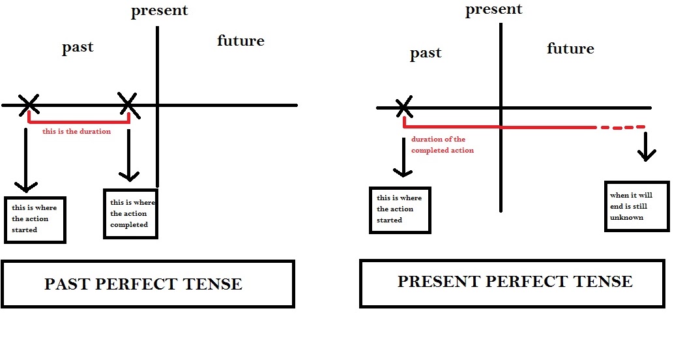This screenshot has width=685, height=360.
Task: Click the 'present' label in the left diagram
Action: (x=159, y=11)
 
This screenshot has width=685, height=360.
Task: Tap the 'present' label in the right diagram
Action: (x=494, y=9)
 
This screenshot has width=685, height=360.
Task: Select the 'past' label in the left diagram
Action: (x=78, y=48)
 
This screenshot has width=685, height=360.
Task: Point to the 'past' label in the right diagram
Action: (x=426, y=53)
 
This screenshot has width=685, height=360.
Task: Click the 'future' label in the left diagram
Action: (x=240, y=41)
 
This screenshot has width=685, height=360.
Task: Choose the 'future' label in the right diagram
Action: (x=570, y=49)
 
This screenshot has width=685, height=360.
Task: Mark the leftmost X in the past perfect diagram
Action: (x=28, y=103)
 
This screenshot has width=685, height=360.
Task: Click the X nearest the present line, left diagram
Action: (x=128, y=102)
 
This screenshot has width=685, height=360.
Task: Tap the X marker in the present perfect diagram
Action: (x=404, y=106)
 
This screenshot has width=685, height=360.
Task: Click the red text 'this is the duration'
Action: (x=76, y=131)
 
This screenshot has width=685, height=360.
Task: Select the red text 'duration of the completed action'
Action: (x=442, y=145)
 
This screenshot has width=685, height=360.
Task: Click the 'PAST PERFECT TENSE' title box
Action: (x=147, y=284)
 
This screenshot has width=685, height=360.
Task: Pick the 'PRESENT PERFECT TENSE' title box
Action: (x=512, y=282)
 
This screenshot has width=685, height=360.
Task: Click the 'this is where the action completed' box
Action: (x=130, y=214)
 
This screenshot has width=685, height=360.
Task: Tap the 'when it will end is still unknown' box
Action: (x=637, y=206)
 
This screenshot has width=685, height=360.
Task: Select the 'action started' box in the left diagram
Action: (x=35, y=219)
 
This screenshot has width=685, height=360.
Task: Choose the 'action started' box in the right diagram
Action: (x=400, y=209)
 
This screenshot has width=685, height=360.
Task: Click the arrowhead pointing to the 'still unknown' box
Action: (x=647, y=156)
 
